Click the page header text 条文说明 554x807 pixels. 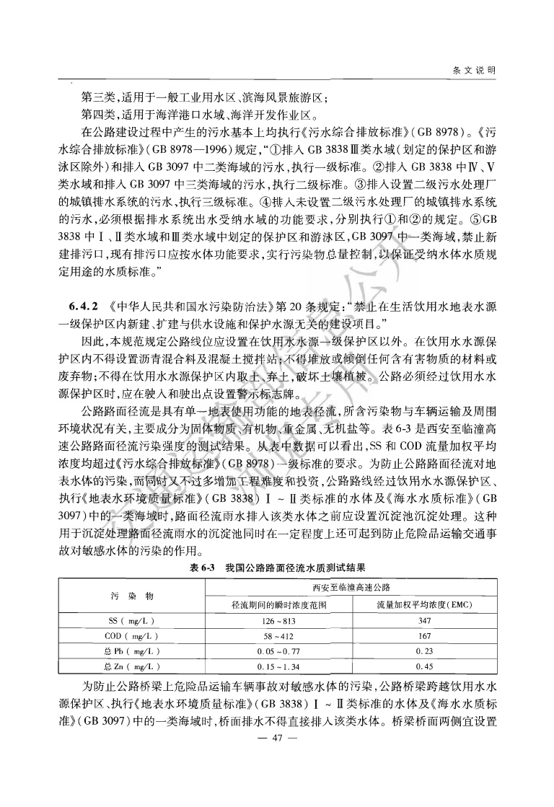(473, 70)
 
